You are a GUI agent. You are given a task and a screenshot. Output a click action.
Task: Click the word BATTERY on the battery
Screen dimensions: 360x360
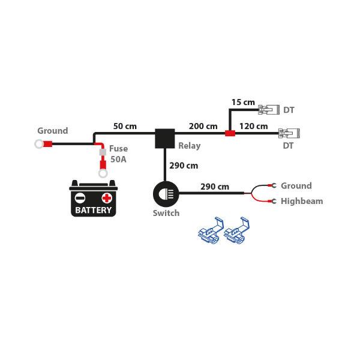pyautogui.click(x=93, y=210)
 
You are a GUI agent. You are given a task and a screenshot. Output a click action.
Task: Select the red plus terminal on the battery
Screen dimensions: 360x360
pyautogui.click(x=107, y=197)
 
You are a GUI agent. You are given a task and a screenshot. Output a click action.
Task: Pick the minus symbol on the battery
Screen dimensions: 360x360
pyautogui.click(x=79, y=197)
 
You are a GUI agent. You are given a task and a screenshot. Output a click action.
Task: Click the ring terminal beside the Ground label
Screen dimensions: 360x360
pyautogui.click(x=41, y=144)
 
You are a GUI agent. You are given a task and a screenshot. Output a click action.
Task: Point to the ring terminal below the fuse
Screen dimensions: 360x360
pyautogui.click(x=103, y=173)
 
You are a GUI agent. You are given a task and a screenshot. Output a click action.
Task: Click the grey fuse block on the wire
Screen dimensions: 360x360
pyautogui.click(x=103, y=154)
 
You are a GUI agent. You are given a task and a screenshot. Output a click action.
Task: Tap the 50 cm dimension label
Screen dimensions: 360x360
pyautogui.click(x=125, y=126)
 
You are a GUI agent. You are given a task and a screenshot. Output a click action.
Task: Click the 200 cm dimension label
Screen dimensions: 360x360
pyautogui.click(x=203, y=126)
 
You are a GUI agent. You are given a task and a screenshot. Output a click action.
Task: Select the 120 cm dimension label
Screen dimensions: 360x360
pyautogui.click(x=253, y=126)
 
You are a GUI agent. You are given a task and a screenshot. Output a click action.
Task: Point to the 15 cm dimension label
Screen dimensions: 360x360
pyautogui.click(x=244, y=103)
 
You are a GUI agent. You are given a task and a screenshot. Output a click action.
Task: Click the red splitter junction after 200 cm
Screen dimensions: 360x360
pyautogui.click(x=229, y=133)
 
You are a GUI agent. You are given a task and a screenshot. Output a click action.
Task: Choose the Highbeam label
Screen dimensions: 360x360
pyautogui.click(x=302, y=201)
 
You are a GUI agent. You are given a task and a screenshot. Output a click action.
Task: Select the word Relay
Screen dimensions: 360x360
pyautogui.click(x=190, y=145)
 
